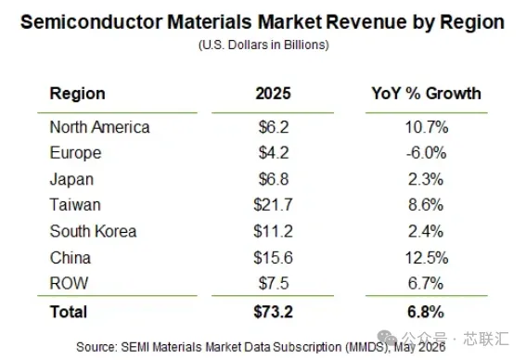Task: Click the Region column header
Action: (x=78, y=94)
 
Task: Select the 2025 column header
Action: (x=273, y=94)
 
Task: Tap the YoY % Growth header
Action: (x=426, y=94)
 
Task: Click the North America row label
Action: (x=99, y=127)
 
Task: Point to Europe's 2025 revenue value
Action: (x=274, y=153)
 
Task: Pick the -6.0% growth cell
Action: (x=426, y=153)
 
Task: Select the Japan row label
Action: (x=71, y=179)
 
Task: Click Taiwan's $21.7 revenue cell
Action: (x=273, y=205)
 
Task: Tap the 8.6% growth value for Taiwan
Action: (x=426, y=205)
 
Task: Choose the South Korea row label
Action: (x=94, y=231)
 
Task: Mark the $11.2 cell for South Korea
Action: (x=273, y=231)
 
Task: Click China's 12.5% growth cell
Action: (x=427, y=258)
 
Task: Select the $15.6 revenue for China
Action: (x=273, y=258)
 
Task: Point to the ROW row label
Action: (x=69, y=283)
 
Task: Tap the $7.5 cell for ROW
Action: (x=274, y=283)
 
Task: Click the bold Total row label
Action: (x=69, y=312)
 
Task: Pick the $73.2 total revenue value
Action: (x=273, y=312)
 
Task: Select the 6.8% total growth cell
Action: (x=426, y=312)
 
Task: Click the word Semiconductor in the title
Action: (x=92, y=22)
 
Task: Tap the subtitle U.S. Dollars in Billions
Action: (x=263, y=45)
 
